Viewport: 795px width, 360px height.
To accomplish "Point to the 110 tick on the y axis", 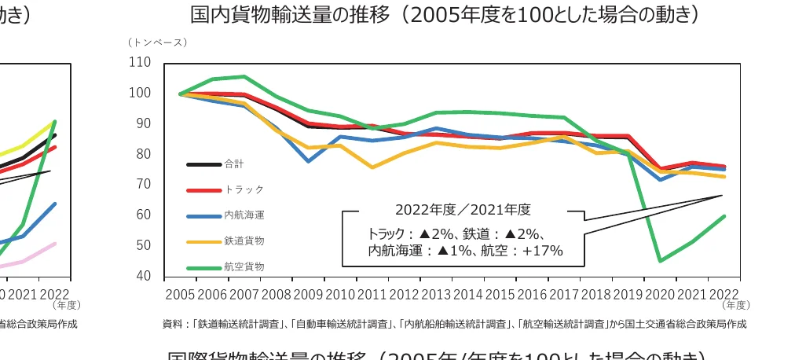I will (x=140, y=62).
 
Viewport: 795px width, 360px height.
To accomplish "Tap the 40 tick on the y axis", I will (x=141, y=276).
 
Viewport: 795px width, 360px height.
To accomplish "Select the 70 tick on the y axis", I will (x=141, y=184).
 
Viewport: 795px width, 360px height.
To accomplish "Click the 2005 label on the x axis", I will (x=180, y=295).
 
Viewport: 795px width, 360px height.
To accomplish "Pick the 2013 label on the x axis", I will (x=436, y=295).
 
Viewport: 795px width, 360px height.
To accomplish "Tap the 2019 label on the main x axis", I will (x=628, y=295).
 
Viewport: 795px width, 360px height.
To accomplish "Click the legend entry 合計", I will (x=233, y=164).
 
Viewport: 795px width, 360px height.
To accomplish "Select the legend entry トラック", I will (x=244, y=189).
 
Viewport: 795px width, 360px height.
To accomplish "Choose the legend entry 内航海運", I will (x=244, y=215).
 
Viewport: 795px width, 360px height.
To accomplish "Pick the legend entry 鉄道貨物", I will (x=244, y=241).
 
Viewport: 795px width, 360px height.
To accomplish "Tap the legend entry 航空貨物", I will (x=244, y=266).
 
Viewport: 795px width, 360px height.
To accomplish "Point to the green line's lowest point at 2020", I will (x=660, y=260).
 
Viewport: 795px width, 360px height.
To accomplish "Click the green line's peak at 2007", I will (x=244, y=77).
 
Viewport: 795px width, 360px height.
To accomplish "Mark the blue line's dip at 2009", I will (x=309, y=160).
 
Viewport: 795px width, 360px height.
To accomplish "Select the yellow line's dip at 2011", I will (x=372, y=167).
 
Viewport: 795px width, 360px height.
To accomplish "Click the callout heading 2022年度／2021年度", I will (x=463, y=211).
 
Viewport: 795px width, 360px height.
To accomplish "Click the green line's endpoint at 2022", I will (x=724, y=216).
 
